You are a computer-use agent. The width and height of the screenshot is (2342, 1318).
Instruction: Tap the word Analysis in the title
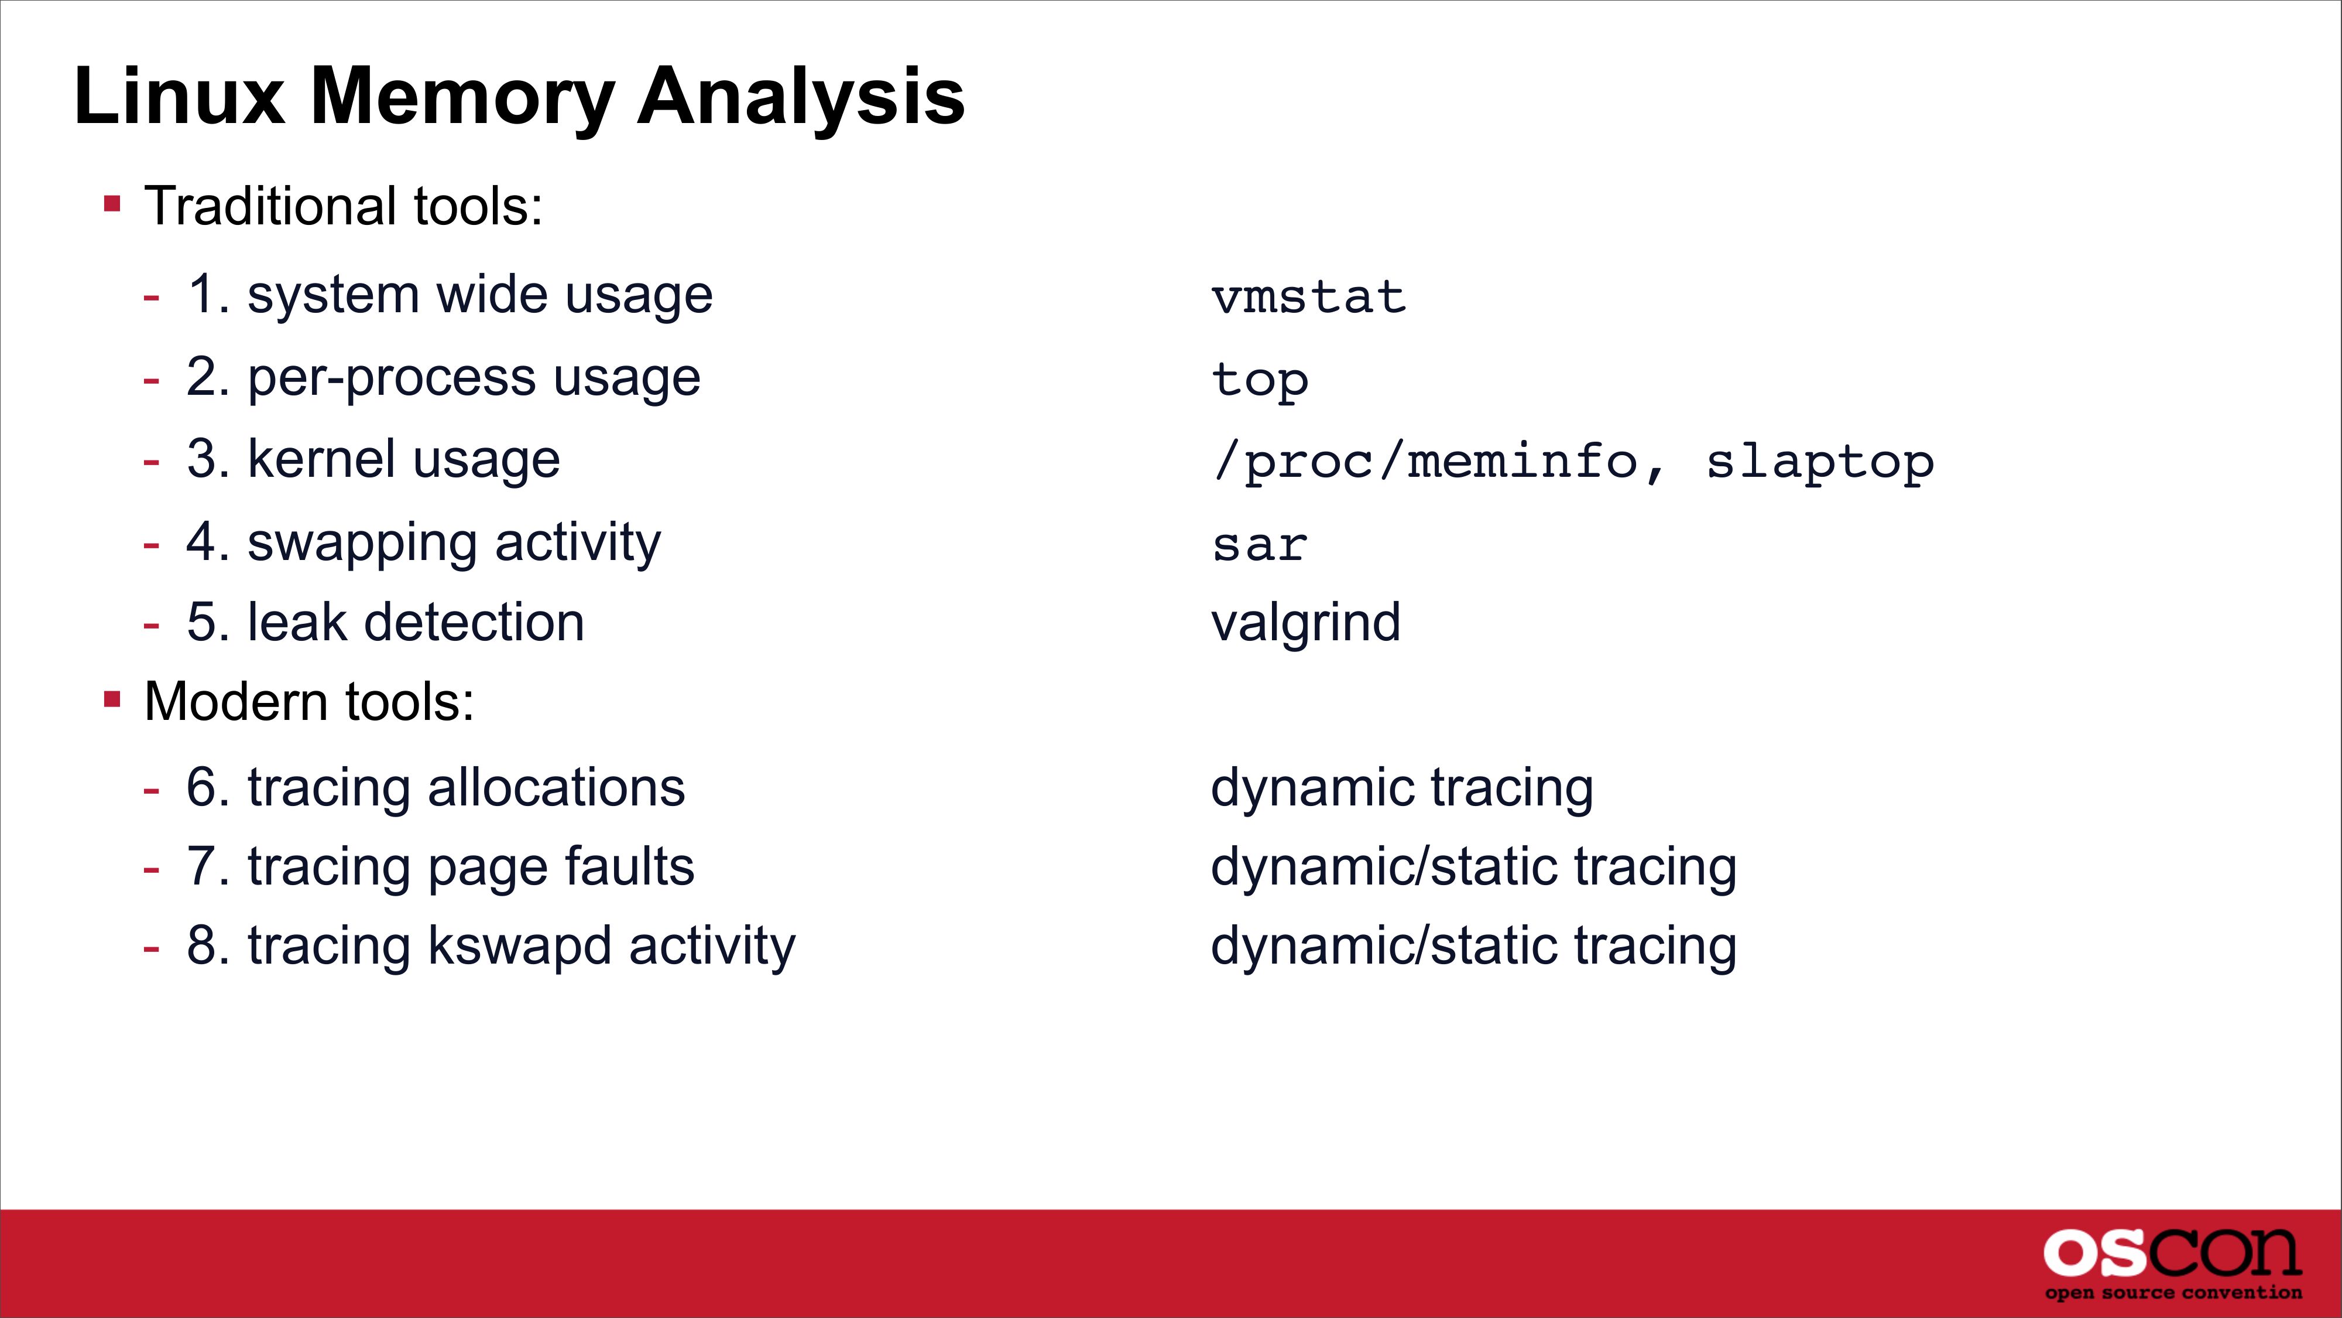tap(801, 97)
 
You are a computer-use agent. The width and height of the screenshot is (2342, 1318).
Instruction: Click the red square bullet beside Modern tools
tap(113, 699)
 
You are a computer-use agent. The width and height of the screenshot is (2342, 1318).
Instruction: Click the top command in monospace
tap(1260, 380)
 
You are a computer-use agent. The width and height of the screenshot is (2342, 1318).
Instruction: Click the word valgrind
tap(1305, 623)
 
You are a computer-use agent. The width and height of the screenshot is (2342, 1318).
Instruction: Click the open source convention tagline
tap(2173, 1293)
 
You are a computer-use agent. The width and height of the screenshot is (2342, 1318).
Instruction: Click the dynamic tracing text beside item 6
tap(1402, 788)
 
